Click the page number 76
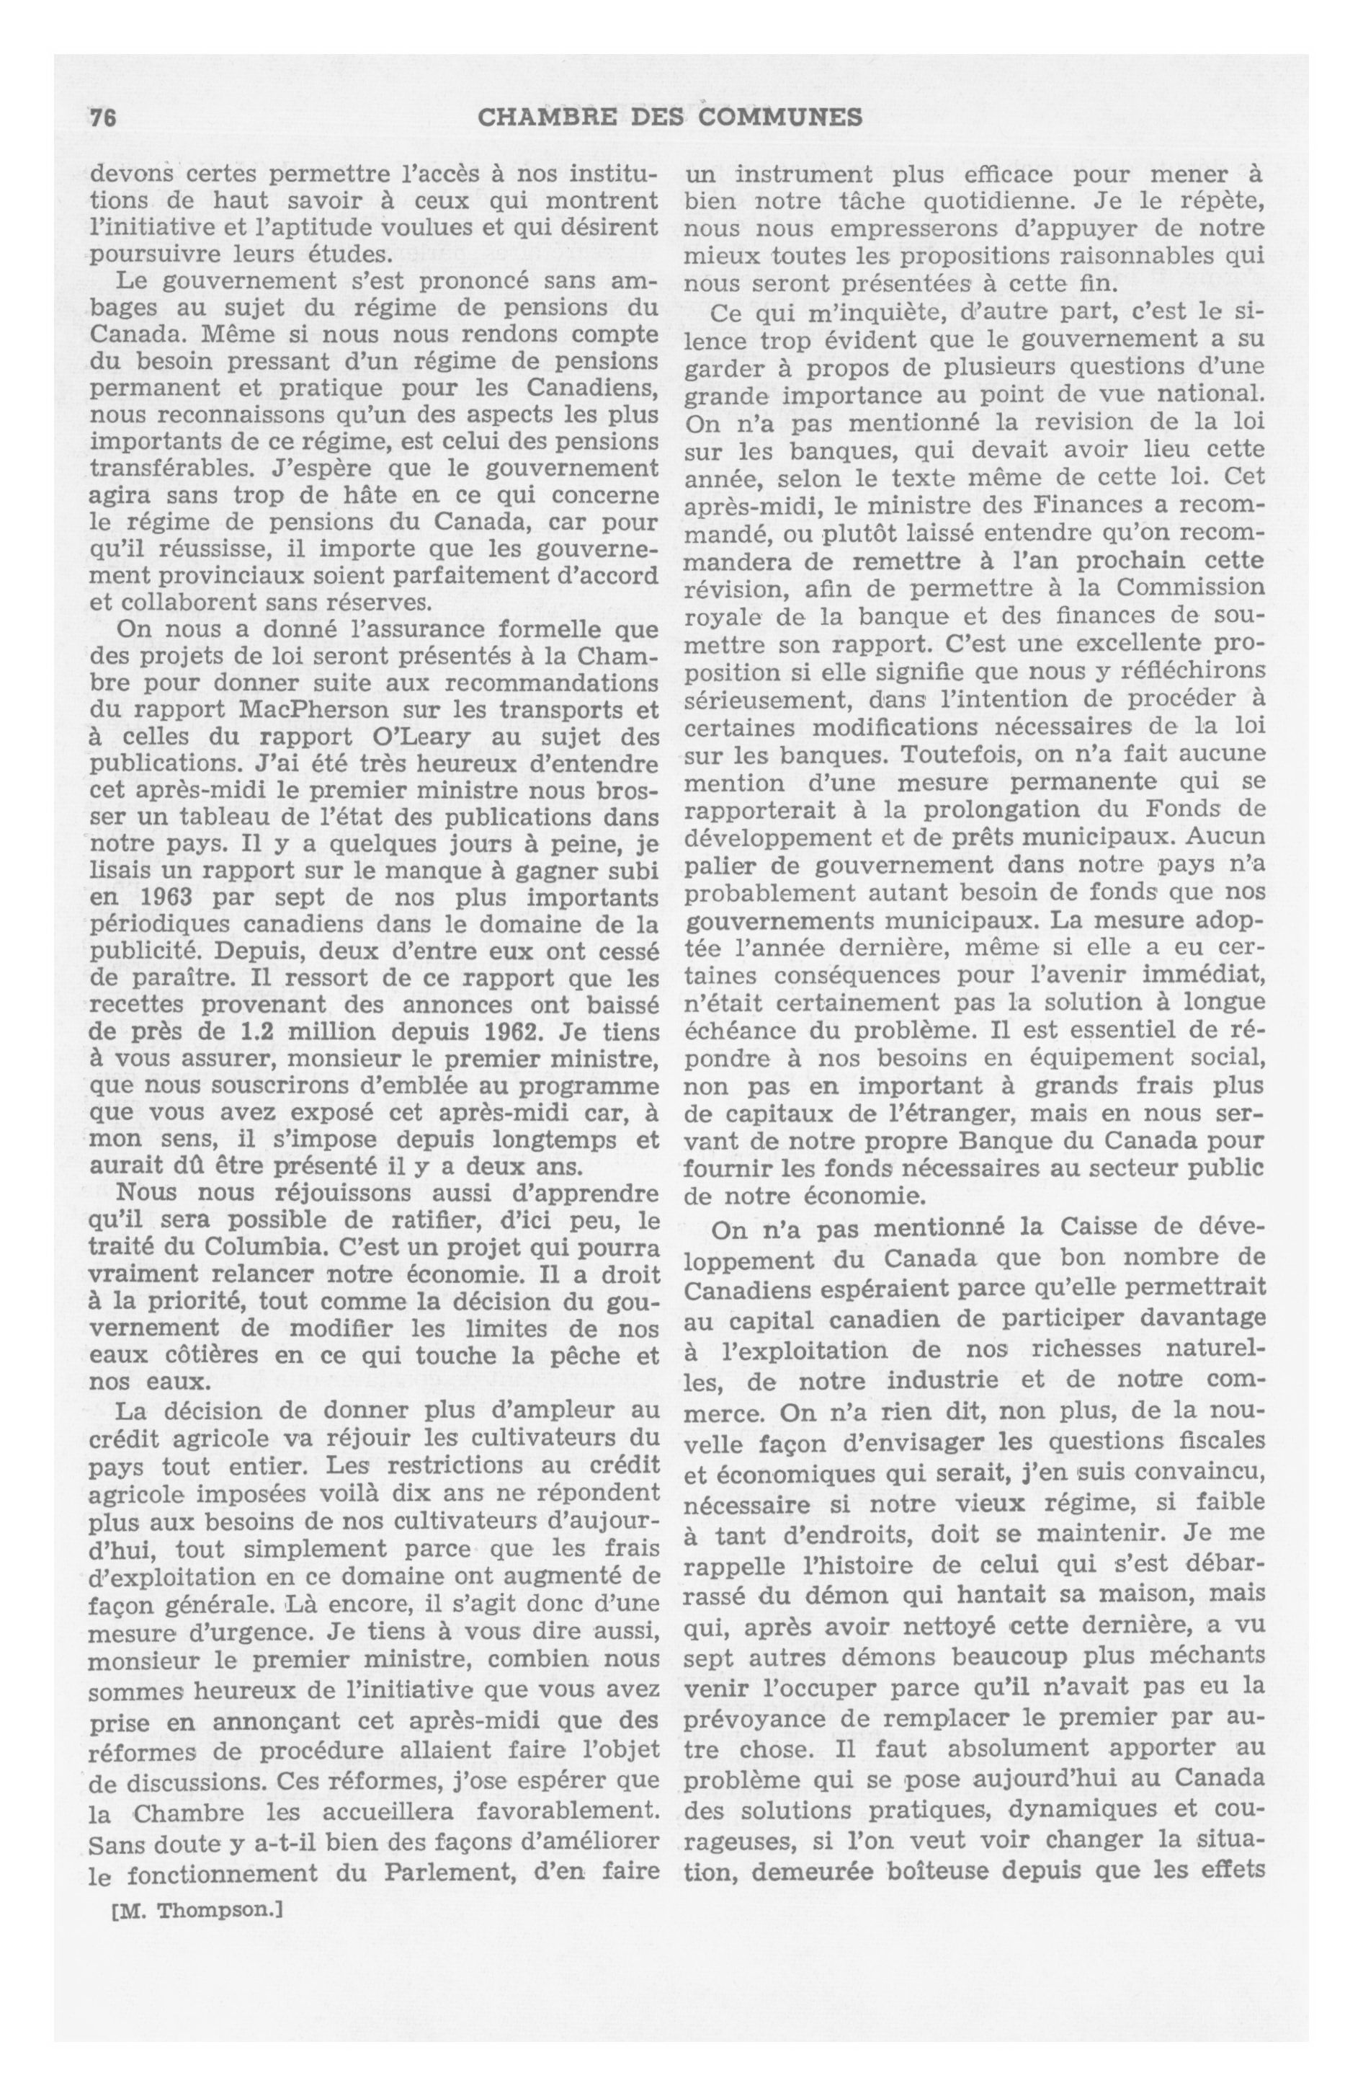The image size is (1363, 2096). [x=103, y=118]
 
